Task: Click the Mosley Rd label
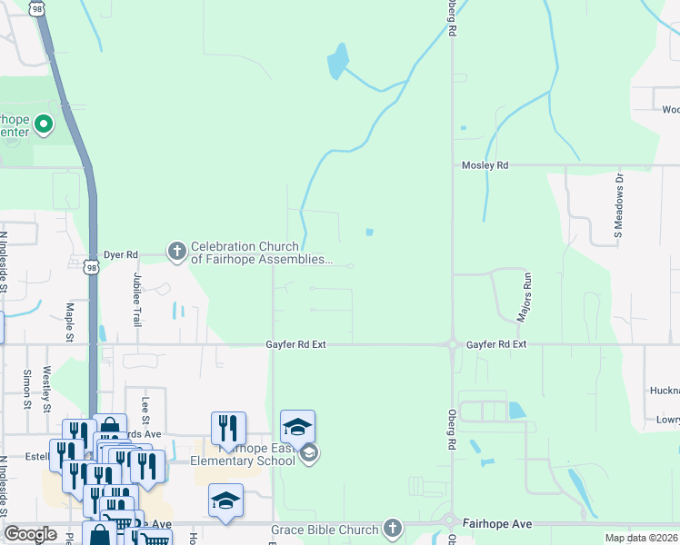(485, 165)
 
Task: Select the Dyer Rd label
(119, 255)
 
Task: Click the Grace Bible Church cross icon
(393, 528)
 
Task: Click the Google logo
(30, 534)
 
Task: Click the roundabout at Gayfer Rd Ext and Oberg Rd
(452, 344)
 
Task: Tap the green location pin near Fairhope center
(43, 124)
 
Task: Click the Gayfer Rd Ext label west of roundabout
(295, 345)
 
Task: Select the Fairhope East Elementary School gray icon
(308, 453)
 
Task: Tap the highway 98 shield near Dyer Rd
(89, 267)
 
